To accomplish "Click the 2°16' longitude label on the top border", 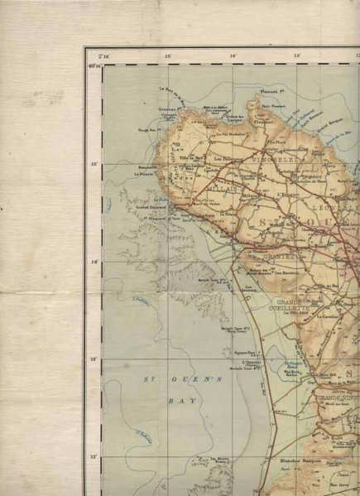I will pos(104,56).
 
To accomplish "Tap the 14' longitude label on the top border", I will pos(233,56).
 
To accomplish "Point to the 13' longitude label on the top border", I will pos(296,56).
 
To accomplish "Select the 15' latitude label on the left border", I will pos(94,165).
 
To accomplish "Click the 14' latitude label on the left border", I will pos(94,262).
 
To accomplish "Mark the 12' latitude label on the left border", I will pos(94,456).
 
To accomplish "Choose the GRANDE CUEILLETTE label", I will pos(294,305).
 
